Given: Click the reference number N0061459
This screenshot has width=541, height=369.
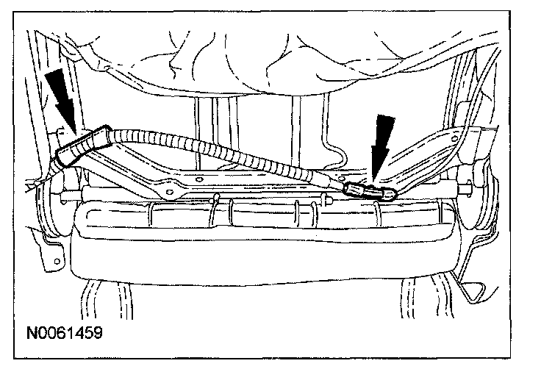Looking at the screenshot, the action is [62, 332].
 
